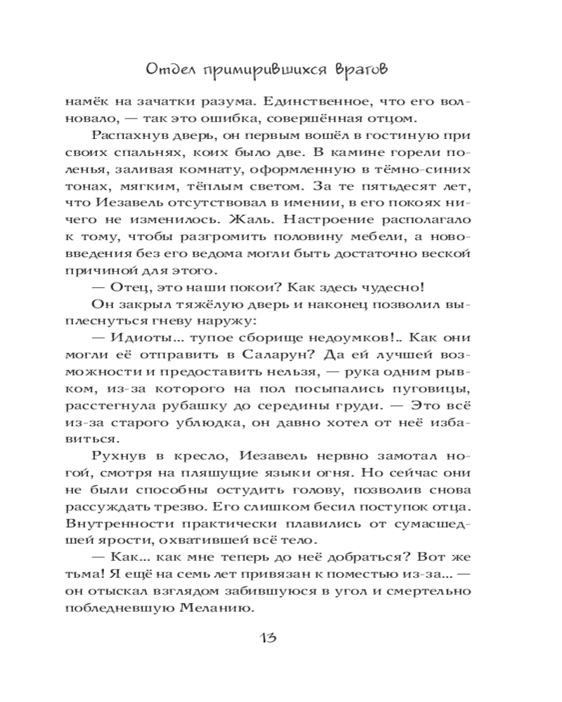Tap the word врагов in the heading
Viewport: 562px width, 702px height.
tap(360, 70)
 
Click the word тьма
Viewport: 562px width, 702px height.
tap(107, 575)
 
